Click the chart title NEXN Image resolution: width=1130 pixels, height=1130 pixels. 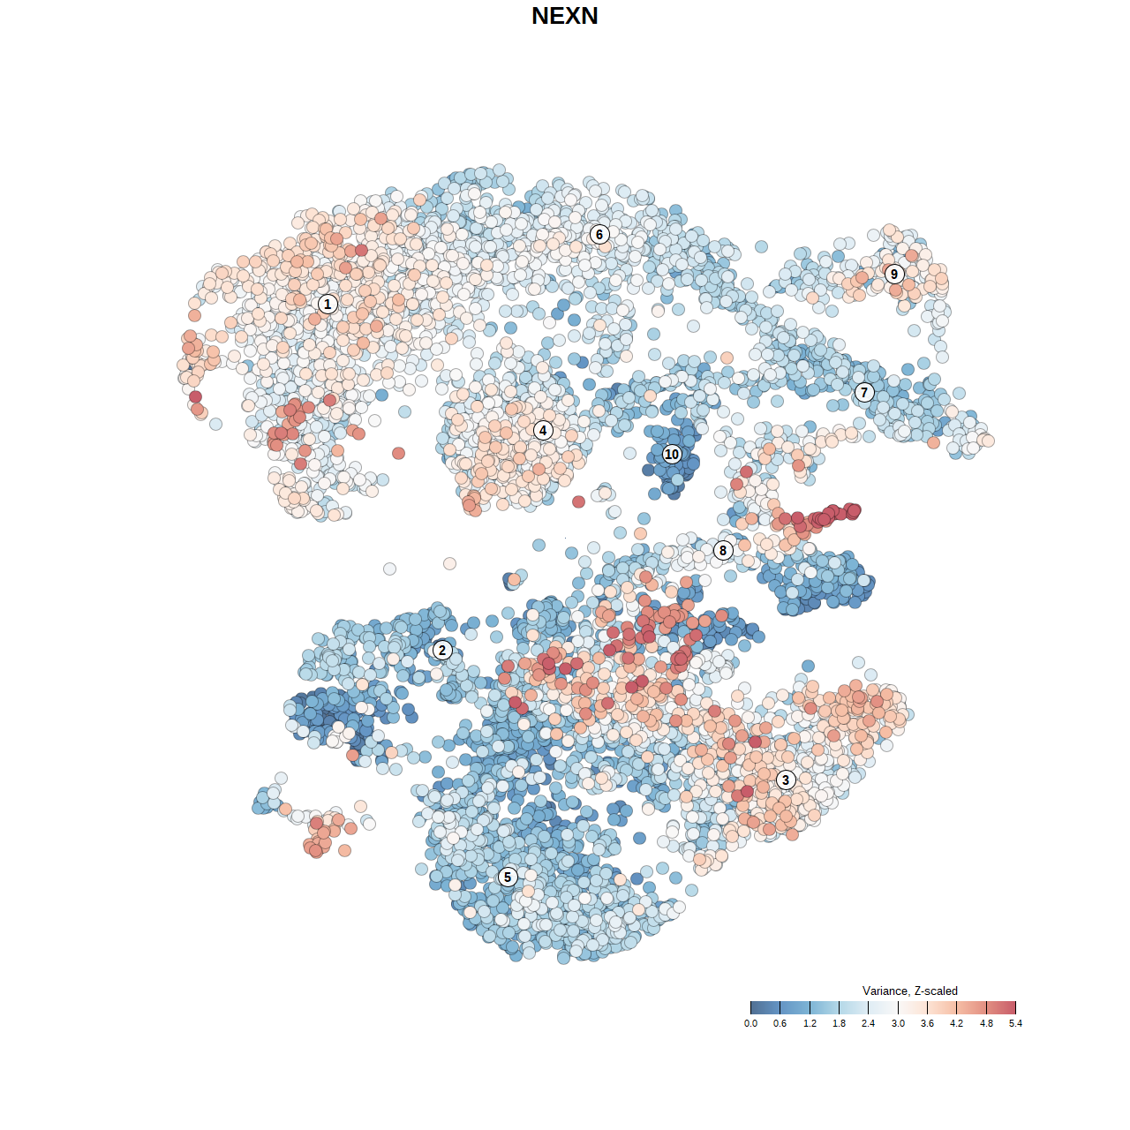[x=565, y=16]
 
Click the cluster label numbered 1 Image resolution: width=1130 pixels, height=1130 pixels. [x=328, y=304]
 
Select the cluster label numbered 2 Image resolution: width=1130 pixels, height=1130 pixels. [x=442, y=651]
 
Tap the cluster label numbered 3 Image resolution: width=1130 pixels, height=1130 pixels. [x=786, y=780]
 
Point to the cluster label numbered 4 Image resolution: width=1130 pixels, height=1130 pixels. [x=543, y=430]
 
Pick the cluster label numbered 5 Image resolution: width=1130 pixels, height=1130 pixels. [x=507, y=877]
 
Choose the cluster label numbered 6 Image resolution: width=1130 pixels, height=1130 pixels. [x=599, y=234]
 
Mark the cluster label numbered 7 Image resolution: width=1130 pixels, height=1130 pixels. [x=864, y=392]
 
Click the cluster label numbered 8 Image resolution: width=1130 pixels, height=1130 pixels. [x=723, y=550]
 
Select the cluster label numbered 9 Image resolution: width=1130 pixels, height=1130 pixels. [x=894, y=274]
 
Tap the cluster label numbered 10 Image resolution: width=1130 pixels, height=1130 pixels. [x=672, y=454]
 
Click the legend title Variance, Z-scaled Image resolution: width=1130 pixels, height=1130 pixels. [x=909, y=991]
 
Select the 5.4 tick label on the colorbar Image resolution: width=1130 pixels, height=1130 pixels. [x=1015, y=1023]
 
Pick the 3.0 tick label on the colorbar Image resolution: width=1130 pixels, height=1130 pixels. [x=898, y=1023]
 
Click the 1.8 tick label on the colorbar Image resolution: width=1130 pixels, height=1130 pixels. [x=839, y=1023]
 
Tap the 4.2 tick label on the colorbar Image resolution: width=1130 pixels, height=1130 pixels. [x=956, y=1023]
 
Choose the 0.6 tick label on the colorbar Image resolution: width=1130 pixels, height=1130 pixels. [x=780, y=1023]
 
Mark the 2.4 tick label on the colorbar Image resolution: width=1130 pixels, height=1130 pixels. [x=869, y=1023]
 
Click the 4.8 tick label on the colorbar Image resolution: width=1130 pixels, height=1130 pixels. [x=986, y=1023]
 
